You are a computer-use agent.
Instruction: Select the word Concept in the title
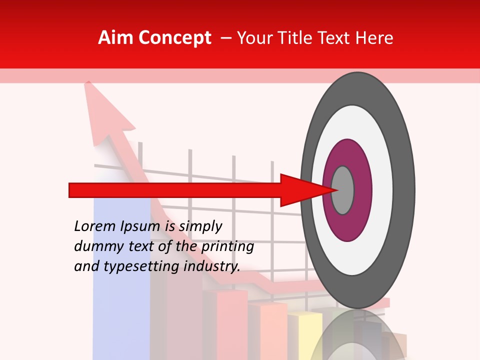click(x=174, y=38)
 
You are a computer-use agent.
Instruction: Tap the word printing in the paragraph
click(x=227, y=246)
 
